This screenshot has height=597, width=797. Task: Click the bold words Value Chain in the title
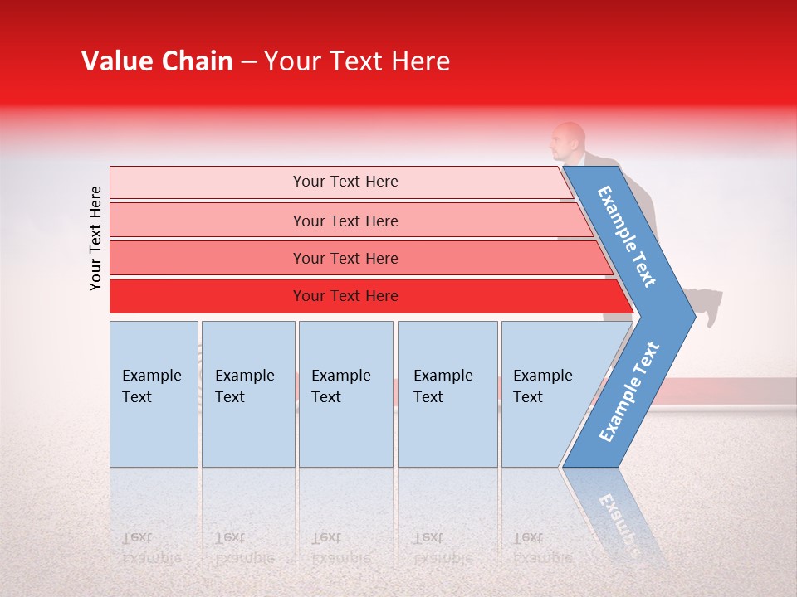157,61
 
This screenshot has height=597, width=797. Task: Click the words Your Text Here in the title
357,61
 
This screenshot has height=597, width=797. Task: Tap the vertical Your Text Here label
95,239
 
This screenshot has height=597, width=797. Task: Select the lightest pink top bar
340,182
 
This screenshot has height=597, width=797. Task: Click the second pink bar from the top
350,221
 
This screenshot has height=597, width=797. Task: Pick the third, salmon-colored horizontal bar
361,258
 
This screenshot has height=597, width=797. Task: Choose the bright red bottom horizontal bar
371,296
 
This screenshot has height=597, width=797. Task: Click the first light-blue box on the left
154,394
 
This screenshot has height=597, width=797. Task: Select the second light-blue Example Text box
248,394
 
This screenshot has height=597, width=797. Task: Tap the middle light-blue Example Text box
346,394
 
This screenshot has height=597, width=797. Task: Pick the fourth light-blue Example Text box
447,394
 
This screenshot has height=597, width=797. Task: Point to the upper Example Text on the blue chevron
626,236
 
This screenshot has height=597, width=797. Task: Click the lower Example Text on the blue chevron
629,392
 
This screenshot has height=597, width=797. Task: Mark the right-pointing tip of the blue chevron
696,317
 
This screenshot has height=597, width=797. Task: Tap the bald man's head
568,141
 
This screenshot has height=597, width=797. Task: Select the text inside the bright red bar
345,296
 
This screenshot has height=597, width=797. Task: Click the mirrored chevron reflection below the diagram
613,515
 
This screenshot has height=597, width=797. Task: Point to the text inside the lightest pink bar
345,182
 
